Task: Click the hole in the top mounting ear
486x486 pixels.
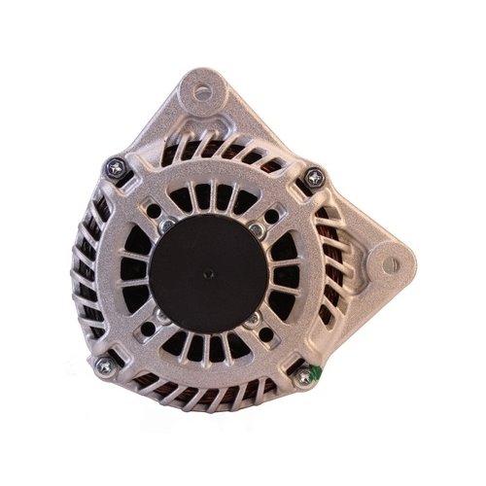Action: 203,93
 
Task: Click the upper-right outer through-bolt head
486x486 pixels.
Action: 314,177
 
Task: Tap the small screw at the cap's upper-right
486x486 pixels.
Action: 255,227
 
